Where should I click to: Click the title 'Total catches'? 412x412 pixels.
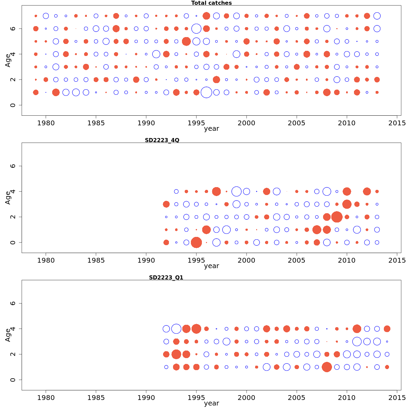(211, 3)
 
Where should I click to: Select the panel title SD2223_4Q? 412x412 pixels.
(162, 140)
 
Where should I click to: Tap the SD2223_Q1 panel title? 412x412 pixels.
(166, 278)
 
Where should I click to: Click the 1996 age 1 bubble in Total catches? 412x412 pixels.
(206, 92)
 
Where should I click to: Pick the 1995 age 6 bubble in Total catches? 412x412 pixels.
(196, 28)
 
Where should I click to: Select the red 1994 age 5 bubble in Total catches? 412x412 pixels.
(186, 42)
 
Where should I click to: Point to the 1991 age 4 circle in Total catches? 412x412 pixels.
(156, 54)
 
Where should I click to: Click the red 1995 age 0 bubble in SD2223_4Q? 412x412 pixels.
(196, 242)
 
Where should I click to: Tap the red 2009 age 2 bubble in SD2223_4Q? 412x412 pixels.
(337, 217)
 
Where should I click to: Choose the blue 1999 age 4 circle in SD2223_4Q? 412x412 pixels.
(237, 192)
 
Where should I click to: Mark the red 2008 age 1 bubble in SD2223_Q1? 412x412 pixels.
(327, 367)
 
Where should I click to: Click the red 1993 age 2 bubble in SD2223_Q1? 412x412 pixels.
(176, 354)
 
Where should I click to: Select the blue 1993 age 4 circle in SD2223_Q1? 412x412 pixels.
(176, 329)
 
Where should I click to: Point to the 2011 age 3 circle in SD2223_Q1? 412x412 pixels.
(357, 342)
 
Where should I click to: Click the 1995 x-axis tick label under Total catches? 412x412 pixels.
(196, 123)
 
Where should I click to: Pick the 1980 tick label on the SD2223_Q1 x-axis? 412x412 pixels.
(46, 398)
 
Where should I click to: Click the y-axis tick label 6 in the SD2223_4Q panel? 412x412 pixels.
(13, 166)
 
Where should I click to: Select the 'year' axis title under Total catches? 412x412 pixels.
(211, 129)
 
